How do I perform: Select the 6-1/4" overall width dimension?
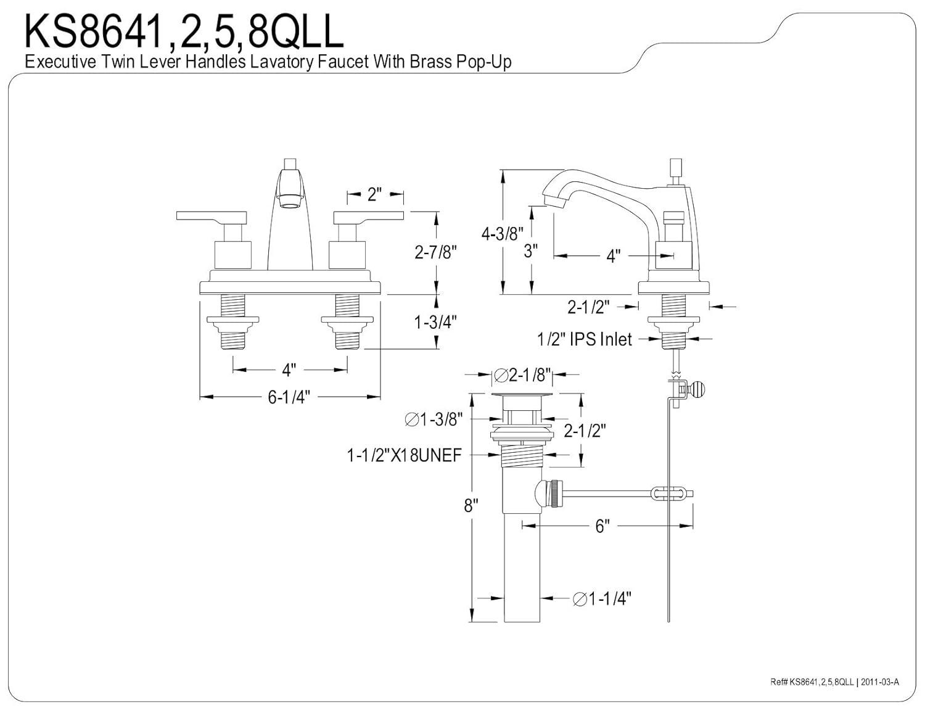click(289, 397)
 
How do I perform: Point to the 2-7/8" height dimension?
click(435, 252)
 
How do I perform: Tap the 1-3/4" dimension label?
click(435, 322)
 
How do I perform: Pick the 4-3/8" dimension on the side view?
click(502, 233)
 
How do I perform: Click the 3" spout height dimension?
click(530, 251)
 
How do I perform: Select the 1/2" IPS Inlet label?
click(585, 339)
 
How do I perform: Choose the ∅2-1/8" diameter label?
click(522, 374)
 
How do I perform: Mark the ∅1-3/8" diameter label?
click(434, 420)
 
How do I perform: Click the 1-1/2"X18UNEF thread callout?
click(404, 456)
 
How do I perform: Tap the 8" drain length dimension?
click(471, 506)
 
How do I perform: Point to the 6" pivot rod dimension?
click(602, 526)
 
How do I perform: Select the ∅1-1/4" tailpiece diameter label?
click(602, 598)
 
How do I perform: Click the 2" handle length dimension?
click(375, 194)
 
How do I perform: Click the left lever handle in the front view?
click(211, 216)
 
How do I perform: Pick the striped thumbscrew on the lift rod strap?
click(699, 389)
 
